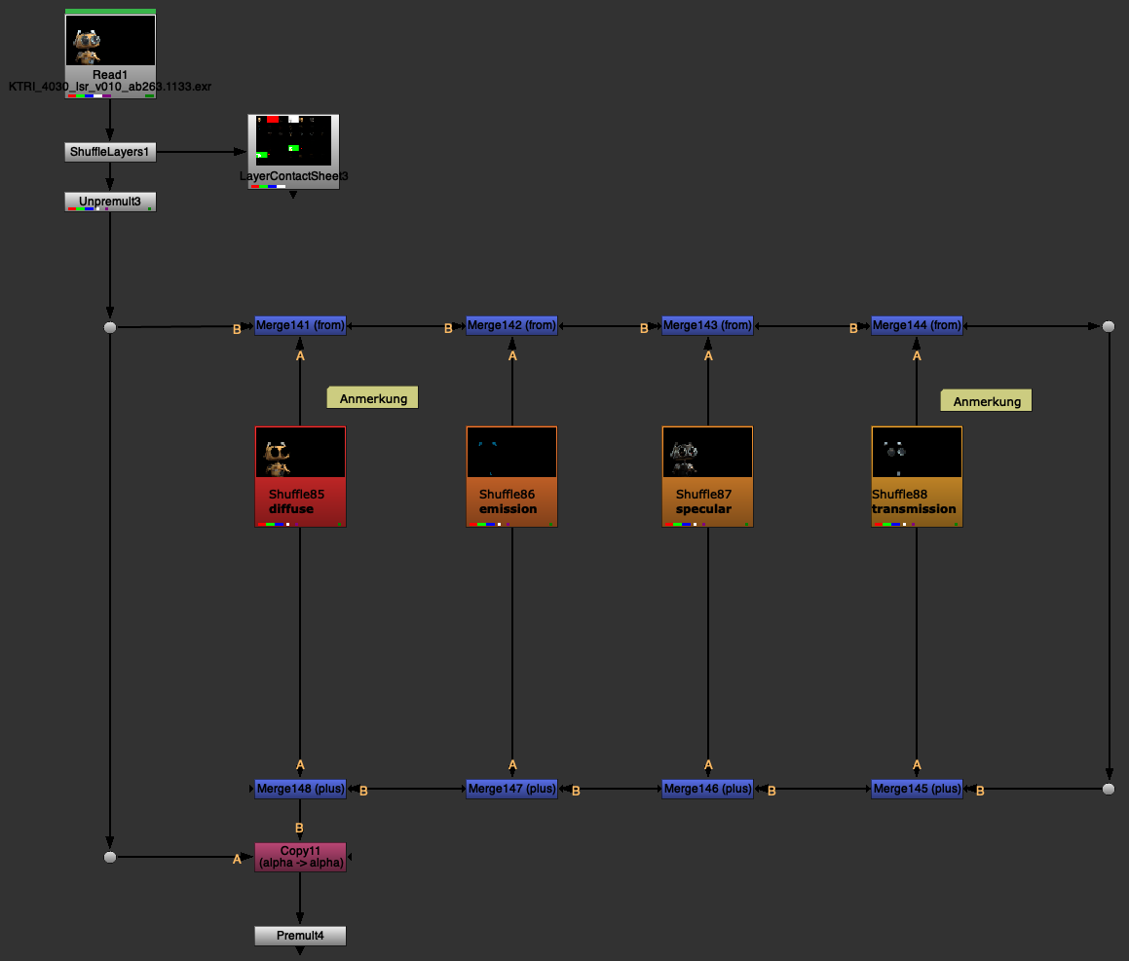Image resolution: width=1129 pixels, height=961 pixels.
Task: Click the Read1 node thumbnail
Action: tap(110, 41)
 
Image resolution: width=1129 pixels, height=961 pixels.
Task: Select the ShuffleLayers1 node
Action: tap(110, 152)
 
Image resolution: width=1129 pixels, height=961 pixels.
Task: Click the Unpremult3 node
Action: tap(110, 202)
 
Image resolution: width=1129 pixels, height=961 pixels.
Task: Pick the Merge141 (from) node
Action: tap(300, 326)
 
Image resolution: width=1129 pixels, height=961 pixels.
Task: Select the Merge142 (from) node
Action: tap(511, 326)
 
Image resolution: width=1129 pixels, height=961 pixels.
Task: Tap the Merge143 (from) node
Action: tap(707, 326)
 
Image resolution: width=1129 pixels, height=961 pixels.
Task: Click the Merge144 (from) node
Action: tap(917, 326)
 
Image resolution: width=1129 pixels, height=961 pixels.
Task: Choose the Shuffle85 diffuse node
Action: tap(300, 477)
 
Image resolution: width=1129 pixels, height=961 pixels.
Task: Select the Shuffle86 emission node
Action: tap(511, 477)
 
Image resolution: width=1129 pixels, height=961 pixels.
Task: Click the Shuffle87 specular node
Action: tap(707, 477)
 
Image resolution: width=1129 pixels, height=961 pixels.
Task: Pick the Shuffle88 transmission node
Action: tap(917, 477)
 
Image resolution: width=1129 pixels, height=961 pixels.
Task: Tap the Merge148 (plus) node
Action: tap(300, 789)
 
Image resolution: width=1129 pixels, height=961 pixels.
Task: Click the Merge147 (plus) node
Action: tap(511, 789)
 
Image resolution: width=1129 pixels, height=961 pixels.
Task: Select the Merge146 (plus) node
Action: tap(707, 789)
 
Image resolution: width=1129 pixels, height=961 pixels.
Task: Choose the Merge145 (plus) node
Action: tap(917, 789)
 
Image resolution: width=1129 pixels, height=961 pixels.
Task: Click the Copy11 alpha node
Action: tap(300, 857)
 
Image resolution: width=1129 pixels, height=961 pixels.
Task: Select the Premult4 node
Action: tap(300, 936)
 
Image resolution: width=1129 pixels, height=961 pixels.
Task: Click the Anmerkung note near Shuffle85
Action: tap(372, 397)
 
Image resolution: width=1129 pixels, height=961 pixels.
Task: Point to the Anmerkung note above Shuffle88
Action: tap(986, 400)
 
